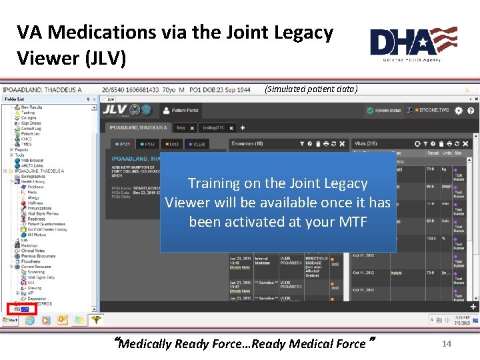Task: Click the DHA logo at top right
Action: click(413, 43)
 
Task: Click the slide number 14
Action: click(447, 343)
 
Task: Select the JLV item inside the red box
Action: click(25, 309)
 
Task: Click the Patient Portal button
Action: click(184, 110)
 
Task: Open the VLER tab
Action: click(198, 143)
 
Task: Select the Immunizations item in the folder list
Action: click(39, 208)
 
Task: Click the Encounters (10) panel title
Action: click(247, 143)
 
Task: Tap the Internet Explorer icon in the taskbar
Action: click(30, 321)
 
